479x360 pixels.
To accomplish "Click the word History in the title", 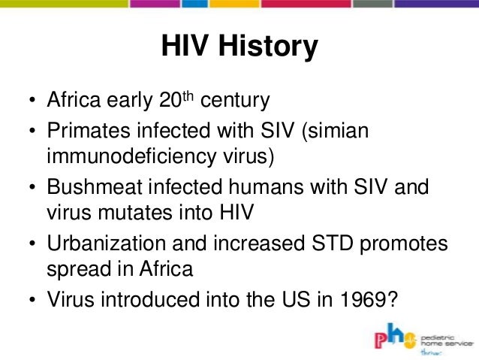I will click(270, 47).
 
